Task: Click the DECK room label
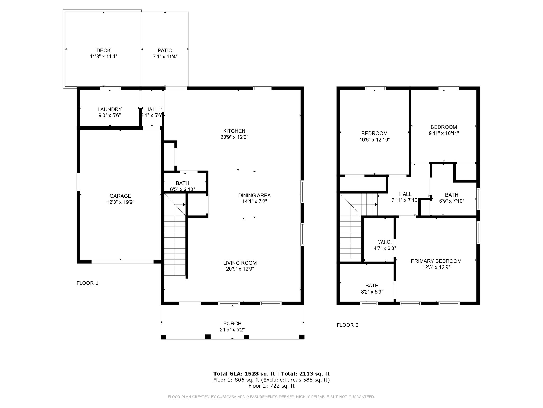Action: (103, 50)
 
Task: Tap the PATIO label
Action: (165, 50)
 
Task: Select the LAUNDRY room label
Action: (110, 109)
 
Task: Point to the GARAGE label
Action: (120, 196)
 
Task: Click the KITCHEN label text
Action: (234, 131)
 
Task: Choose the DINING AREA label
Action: (254, 195)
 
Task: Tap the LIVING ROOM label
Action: (240, 263)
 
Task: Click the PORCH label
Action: (232, 324)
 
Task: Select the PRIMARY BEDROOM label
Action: (436, 261)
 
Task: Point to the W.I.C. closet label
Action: (385, 242)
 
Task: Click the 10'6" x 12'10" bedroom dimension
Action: (374, 140)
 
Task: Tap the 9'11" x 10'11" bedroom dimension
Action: (444, 133)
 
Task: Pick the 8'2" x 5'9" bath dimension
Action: (372, 292)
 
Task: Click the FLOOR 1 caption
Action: (87, 283)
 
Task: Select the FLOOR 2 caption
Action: (348, 325)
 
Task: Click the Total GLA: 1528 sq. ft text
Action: (244, 374)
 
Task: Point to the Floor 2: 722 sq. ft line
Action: (271, 386)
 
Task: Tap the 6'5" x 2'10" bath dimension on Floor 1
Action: (182, 189)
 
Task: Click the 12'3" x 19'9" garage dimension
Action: (120, 202)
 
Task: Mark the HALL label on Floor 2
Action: (405, 194)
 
